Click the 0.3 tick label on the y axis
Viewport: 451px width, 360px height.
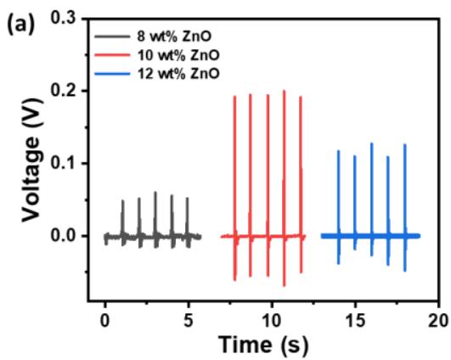click(x=64, y=18)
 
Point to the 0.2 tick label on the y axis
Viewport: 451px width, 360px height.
click(x=64, y=90)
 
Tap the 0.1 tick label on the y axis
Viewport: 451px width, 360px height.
click(x=64, y=163)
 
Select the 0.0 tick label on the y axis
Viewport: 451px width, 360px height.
click(x=64, y=236)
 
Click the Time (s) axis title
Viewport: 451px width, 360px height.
click(x=263, y=345)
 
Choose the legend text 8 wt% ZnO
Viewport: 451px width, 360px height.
click(x=174, y=37)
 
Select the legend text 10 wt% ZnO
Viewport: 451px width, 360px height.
click(x=178, y=55)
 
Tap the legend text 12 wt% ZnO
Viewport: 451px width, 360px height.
click(x=178, y=73)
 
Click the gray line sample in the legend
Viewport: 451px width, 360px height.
click(x=112, y=37)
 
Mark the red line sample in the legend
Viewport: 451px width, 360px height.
click(x=112, y=55)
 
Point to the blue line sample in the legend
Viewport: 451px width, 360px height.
click(x=112, y=74)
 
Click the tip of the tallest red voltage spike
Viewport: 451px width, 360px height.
click(x=285, y=91)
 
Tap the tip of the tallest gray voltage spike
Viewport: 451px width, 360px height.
click(x=155, y=192)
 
